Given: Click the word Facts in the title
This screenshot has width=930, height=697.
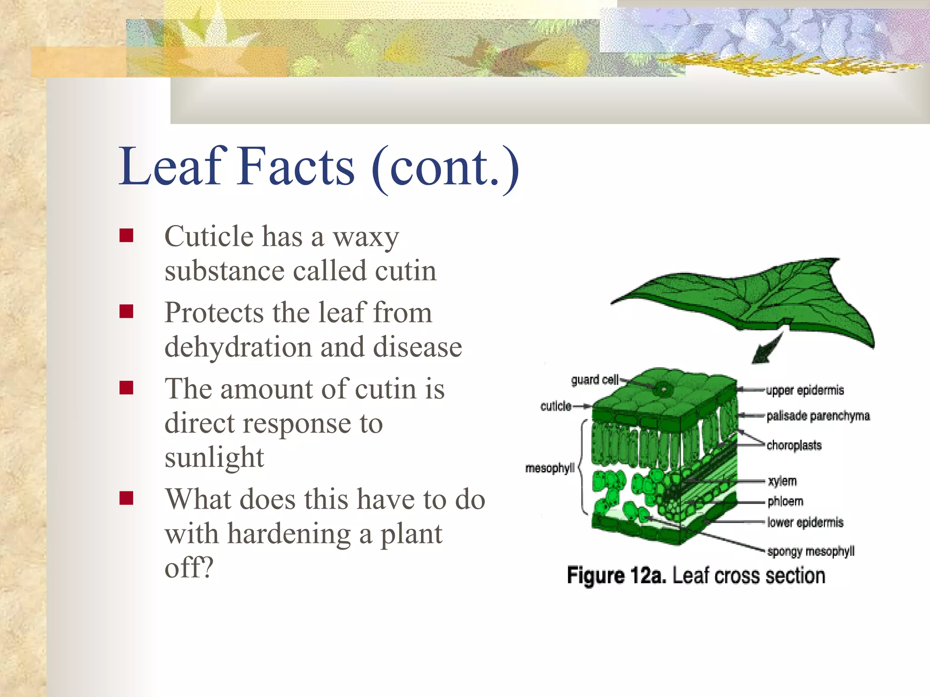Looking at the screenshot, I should tap(296, 167).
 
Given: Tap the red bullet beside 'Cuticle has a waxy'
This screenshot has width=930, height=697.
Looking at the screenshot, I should tap(126, 236).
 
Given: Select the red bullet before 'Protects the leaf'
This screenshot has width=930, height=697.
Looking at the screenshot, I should tap(126, 312).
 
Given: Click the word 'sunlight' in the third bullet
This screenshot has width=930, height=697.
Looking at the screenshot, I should tap(214, 457).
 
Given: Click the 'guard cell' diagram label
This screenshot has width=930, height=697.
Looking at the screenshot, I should tap(594, 379).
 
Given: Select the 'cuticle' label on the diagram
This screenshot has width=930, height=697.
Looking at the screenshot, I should tap(556, 406).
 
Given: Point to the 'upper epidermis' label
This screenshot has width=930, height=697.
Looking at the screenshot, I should tap(805, 390).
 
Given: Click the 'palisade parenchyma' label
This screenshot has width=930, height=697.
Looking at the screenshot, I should tap(818, 416).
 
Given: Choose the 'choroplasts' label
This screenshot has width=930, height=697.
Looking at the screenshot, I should tap(794, 445).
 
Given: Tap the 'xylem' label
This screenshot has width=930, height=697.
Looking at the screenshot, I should tap(782, 481).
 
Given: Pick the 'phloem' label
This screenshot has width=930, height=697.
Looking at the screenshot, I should tap(785, 501).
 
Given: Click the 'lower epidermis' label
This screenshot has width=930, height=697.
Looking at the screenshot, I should tap(805, 522).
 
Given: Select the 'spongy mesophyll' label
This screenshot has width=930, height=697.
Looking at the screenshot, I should tap(811, 551).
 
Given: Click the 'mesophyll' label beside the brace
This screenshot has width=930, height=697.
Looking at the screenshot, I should tap(549, 468).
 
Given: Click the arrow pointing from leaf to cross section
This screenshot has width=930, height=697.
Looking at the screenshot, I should tap(767, 348).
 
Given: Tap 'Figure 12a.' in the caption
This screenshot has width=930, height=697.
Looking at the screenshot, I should tap(616, 576).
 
